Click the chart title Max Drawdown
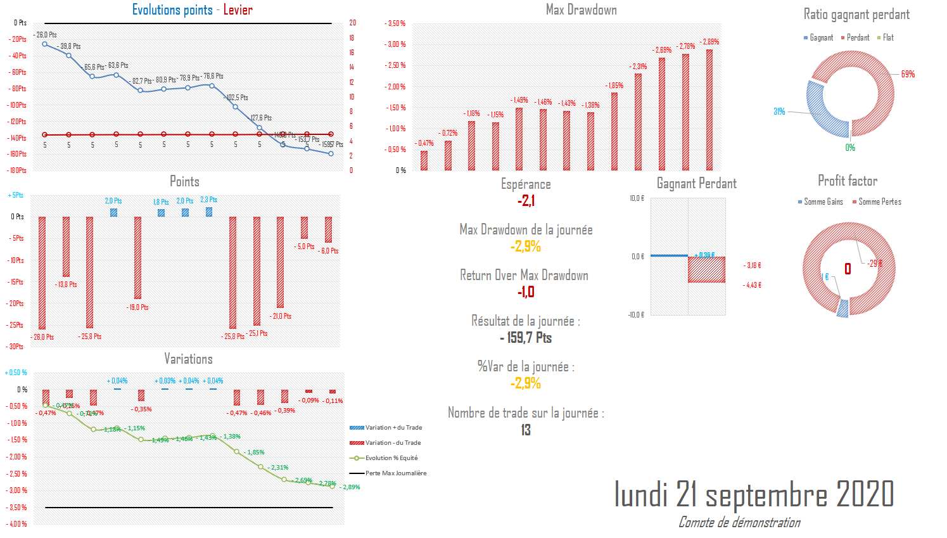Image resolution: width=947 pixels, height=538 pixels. click(581, 10)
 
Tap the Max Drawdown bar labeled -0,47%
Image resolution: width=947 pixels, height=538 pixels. click(424, 160)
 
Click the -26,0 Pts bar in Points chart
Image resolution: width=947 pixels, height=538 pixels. click(42, 272)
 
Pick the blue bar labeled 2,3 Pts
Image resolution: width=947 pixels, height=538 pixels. click(209, 212)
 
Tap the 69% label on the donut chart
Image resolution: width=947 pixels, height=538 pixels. click(908, 74)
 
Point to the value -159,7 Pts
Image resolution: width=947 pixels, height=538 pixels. click(526, 338)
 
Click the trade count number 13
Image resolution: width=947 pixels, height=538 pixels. click(526, 430)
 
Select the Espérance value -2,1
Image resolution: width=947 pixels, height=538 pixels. click(526, 201)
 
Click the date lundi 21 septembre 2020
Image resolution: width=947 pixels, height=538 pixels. click(754, 494)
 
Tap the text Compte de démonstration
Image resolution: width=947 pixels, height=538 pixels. click(739, 523)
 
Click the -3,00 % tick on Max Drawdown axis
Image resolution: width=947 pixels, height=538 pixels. click(395, 44)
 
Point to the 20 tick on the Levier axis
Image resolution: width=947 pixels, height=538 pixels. click(352, 23)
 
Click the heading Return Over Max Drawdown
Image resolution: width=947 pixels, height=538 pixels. click(524, 276)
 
